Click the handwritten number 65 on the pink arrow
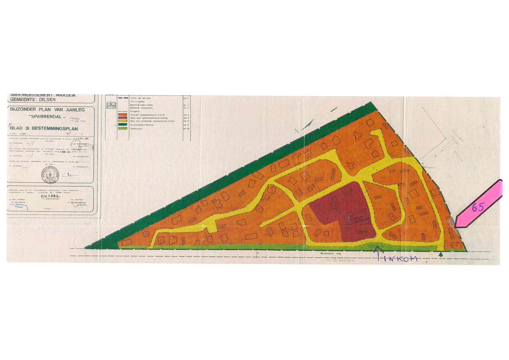click(x=478, y=207)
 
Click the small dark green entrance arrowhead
click(x=441, y=254)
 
